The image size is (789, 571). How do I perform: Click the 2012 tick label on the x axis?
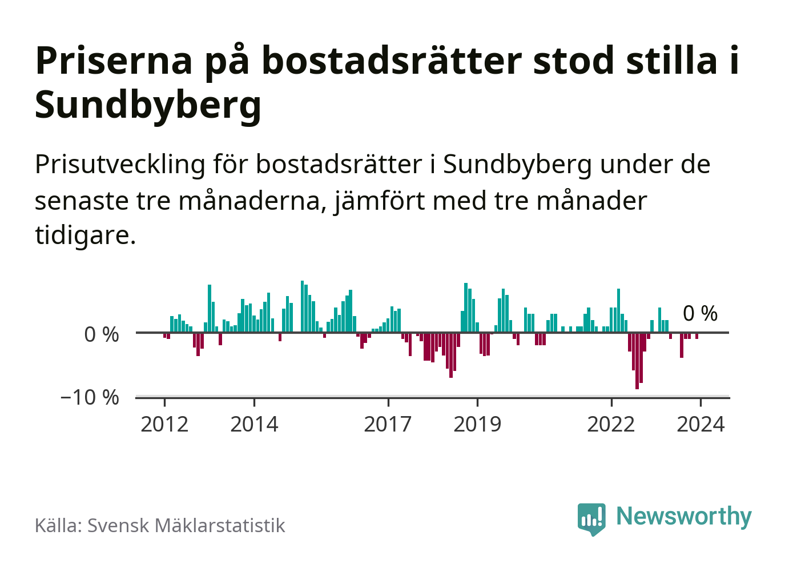point(164,424)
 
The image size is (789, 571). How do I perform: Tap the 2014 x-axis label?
point(254,424)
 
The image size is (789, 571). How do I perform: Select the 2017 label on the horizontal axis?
point(388,424)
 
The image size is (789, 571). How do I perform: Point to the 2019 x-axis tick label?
point(477,424)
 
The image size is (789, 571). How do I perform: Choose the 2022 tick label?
point(611,424)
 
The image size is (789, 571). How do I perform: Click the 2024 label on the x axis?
point(701,424)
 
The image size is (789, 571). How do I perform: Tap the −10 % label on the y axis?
point(90,397)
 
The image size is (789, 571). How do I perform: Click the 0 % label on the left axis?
point(102,334)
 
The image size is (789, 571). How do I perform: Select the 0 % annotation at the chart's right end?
point(700,313)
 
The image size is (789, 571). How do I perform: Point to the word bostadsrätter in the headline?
point(392,61)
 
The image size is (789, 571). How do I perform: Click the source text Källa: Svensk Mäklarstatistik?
point(160,525)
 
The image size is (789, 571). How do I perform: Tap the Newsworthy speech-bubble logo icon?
point(591,518)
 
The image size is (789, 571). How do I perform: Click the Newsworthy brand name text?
point(684,516)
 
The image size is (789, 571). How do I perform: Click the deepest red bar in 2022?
point(637,360)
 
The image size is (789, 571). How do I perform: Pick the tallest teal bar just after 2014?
point(303,306)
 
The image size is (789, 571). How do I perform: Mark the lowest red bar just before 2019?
point(451,354)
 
